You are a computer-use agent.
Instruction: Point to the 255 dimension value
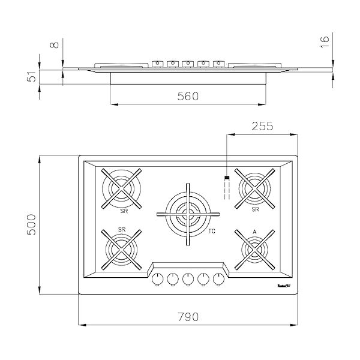coord(262,126)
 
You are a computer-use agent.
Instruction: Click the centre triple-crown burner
coord(187,212)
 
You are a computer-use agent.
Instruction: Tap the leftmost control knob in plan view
coord(158,278)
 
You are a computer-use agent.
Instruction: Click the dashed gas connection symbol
coord(226,187)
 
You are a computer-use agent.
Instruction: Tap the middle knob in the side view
coord(187,63)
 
